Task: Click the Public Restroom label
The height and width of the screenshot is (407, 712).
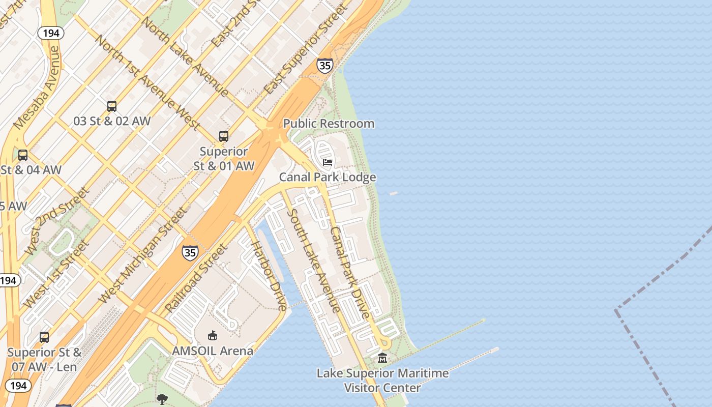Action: pyautogui.click(x=329, y=124)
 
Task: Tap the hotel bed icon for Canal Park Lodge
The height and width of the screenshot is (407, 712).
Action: pyautogui.click(x=328, y=162)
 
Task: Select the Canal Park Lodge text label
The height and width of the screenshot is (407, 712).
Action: pyautogui.click(x=328, y=177)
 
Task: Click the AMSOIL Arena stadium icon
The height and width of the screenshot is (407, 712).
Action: pyautogui.click(x=213, y=335)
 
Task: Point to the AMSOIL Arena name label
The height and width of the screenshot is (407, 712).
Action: pyautogui.click(x=213, y=351)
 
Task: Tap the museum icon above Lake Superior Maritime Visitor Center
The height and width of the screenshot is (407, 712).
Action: pyautogui.click(x=382, y=358)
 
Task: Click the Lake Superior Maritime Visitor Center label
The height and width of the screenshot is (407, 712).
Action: pyautogui.click(x=382, y=380)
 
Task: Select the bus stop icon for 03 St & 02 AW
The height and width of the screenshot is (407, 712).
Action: pyautogui.click(x=112, y=106)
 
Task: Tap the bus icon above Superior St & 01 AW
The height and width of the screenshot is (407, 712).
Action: pyautogui.click(x=224, y=136)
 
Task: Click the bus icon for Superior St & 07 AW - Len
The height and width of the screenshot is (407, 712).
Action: pyautogui.click(x=44, y=337)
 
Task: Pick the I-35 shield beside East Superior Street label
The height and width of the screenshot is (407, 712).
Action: pyautogui.click(x=324, y=66)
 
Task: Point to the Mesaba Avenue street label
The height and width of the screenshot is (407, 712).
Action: pyautogui.click(x=37, y=88)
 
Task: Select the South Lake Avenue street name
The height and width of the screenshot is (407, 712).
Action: pyautogui.click(x=313, y=260)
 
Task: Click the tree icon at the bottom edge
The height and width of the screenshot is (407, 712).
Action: pyautogui.click(x=162, y=399)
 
